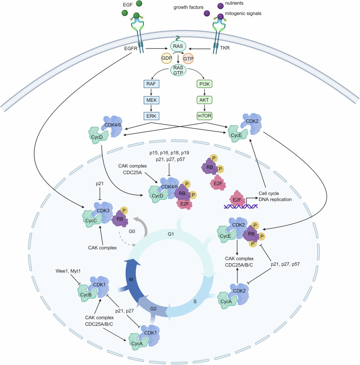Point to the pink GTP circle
(x=188, y=59)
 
